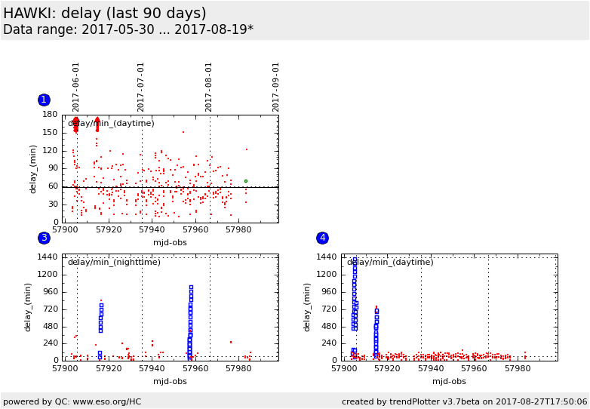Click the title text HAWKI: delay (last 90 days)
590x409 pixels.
(x=105, y=14)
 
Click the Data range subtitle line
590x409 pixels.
(x=128, y=30)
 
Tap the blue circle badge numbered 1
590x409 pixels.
(x=44, y=100)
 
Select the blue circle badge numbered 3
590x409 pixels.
(x=44, y=238)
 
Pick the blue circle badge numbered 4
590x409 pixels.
(x=322, y=238)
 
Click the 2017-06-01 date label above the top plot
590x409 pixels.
(x=76, y=87)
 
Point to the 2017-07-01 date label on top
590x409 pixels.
(x=141, y=87)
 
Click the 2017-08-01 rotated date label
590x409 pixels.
(x=209, y=87)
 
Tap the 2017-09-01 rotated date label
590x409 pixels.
(x=276, y=87)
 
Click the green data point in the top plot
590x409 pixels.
(x=245, y=181)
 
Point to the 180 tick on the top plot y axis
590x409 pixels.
(x=51, y=115)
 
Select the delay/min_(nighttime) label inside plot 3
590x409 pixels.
(x=114, y=263)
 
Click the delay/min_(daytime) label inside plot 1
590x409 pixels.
(x=111, y=124)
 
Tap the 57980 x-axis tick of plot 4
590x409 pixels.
(x=518, y=369)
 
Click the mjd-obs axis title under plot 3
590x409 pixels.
(x=170, y=381)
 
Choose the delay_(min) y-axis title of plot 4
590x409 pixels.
(x=308, y=307)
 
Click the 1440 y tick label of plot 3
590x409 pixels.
(x=48, y=257)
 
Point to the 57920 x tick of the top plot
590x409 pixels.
(x=109, y=229)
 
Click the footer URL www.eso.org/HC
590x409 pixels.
(x=109, y=401)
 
